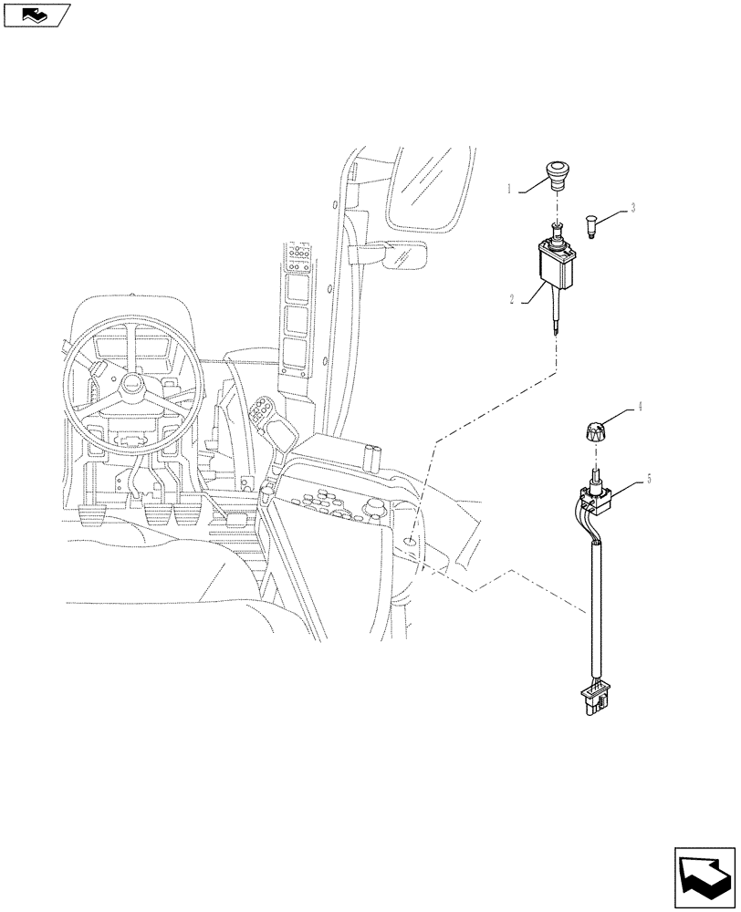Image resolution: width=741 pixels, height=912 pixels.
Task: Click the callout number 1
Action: click(512, 190)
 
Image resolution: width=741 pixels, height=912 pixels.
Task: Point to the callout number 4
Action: click(640, 409)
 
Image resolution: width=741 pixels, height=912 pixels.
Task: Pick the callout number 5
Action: click(649, 477)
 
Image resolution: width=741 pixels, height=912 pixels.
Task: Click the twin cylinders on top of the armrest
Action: click(373, 456)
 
